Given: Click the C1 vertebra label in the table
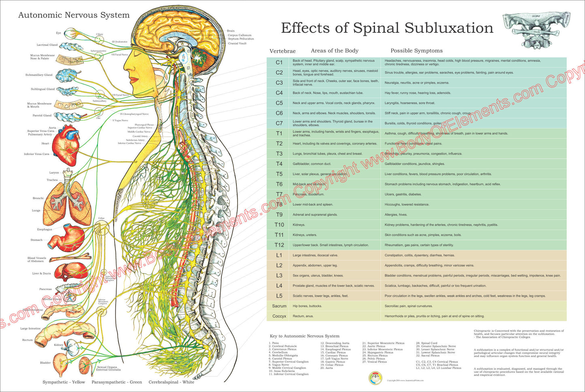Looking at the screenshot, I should (x=279, y=62).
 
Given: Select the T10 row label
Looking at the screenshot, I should (x=279, y=225).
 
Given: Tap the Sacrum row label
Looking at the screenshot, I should (x=279, y=306).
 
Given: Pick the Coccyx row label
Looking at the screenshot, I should (x=279, y=316).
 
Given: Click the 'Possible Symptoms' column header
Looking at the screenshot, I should (x=416, y=51).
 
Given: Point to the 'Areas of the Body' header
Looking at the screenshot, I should (x=334, y=51).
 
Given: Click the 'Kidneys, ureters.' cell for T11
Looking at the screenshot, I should (x=305, y=235).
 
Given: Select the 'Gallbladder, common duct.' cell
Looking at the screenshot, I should (x=312, y=164).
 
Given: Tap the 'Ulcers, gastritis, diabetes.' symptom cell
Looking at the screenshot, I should (x=403, y=194).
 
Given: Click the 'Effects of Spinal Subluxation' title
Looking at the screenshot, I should (x=387, y=28).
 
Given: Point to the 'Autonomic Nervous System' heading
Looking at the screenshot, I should (x=74, y=15).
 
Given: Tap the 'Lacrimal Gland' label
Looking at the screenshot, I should (x=47, y=45).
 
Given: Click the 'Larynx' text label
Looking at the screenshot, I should (x=54, y=173).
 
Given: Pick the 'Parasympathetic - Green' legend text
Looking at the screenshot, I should (x=117, y=382).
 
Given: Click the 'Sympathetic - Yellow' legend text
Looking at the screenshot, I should (x=64, y=382).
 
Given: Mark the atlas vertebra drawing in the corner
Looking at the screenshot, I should (x=536, y=31).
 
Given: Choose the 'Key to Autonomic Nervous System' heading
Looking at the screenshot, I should (x=304, y=336).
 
